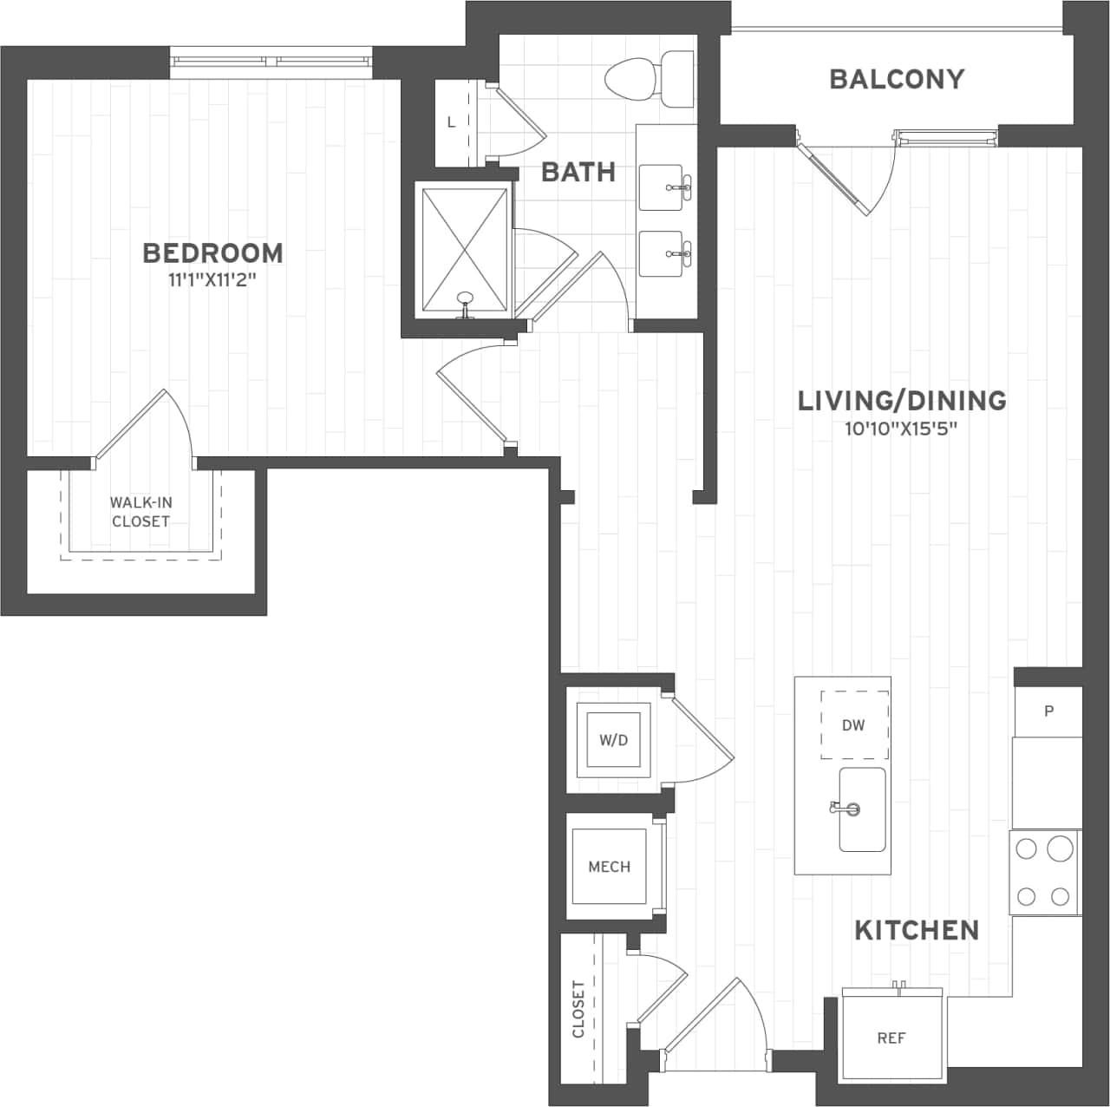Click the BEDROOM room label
pos(212,253)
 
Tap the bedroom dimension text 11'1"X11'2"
pos(212,280)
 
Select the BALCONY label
pos(897,79)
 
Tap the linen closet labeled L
pos(451,122)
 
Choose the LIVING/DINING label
pos(902,400)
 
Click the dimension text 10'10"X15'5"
pos(902,428)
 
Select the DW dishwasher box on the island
pos(854,725)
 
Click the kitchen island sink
pos(862,809)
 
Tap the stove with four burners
pos(1044,872)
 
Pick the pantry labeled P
pos(1048,711)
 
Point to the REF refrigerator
pos(891,1038)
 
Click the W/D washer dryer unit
pos(614,740)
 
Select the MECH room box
pos(609,867)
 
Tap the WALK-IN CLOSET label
pos(140,512)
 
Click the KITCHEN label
pos(917,930)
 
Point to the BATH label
pos(578,172)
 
